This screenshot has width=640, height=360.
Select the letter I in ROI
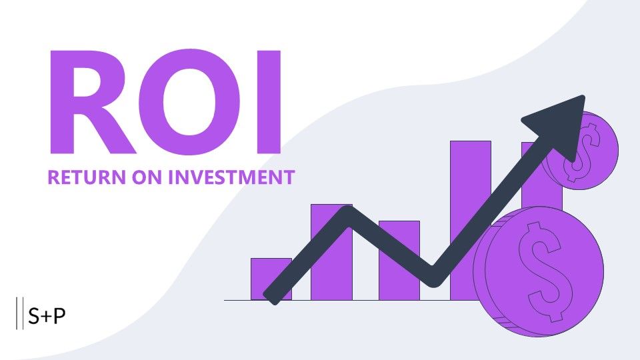coord(269,102)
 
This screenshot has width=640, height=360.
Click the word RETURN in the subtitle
coord(87,177)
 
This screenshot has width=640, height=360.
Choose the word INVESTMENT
coord(231,177)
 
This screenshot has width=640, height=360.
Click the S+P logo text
coord(47,315)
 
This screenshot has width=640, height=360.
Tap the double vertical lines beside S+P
coord(19,313)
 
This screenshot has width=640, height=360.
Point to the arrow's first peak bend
coord(348,213)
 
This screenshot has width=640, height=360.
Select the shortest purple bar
coord(271,279)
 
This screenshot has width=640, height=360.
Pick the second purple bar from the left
coord(331,252)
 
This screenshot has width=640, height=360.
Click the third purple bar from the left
coord(399,261)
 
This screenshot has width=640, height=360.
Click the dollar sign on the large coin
coord(545,271)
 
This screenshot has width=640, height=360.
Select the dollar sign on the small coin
coord(583,152)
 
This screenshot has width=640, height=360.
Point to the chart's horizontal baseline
coord(351,301)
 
